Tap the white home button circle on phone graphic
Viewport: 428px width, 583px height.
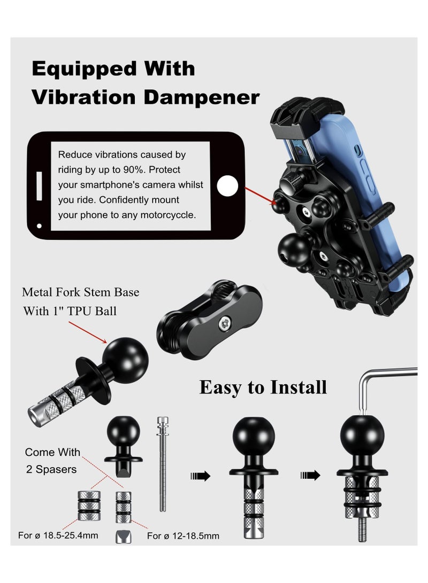227,185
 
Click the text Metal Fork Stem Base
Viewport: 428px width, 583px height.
80,292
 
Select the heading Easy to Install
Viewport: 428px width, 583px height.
263,387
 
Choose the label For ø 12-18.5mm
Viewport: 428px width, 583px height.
183,535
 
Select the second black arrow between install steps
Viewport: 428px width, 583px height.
310,476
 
